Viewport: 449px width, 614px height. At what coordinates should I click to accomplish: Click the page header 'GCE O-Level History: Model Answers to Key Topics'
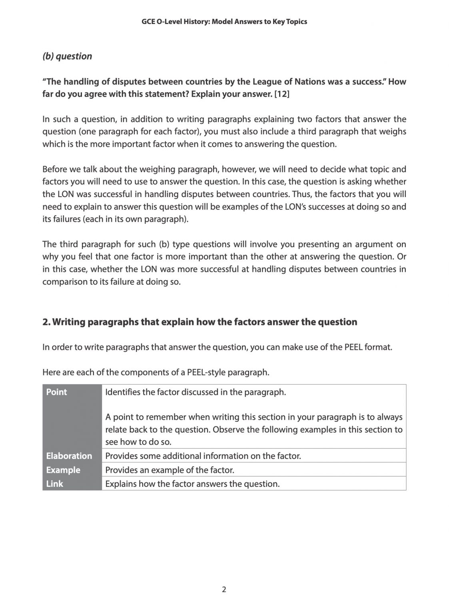point(224,22)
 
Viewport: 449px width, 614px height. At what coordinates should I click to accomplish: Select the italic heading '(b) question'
point(67,56)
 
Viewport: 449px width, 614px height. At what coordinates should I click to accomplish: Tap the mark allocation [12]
point(281,94)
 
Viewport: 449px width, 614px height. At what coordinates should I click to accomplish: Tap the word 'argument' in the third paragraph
point(367,244)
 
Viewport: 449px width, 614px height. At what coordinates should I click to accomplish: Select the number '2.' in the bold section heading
point(46,322)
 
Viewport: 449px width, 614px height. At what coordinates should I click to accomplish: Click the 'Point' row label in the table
point(57,392)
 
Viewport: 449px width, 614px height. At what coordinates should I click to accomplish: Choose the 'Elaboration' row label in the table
point(69,456)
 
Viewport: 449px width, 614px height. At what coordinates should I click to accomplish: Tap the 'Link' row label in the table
point(54,484)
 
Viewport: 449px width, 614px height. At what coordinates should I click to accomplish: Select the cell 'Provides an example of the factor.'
point(170,470)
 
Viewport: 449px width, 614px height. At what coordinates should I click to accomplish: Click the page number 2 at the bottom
point(224,590)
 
